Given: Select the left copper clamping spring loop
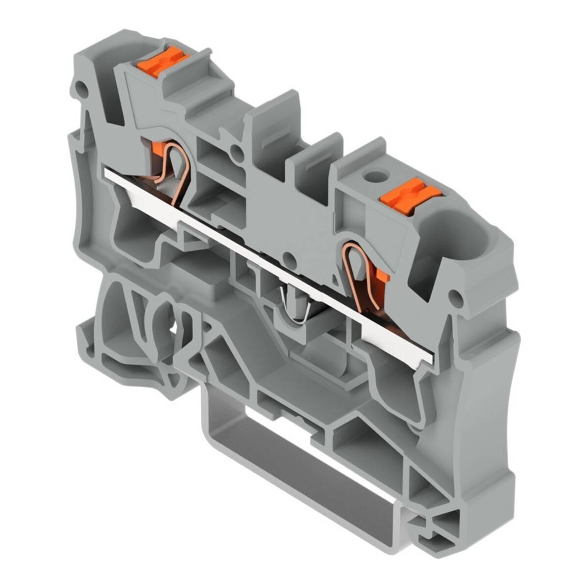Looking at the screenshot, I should pyautogui.click(x=176, y=166).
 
